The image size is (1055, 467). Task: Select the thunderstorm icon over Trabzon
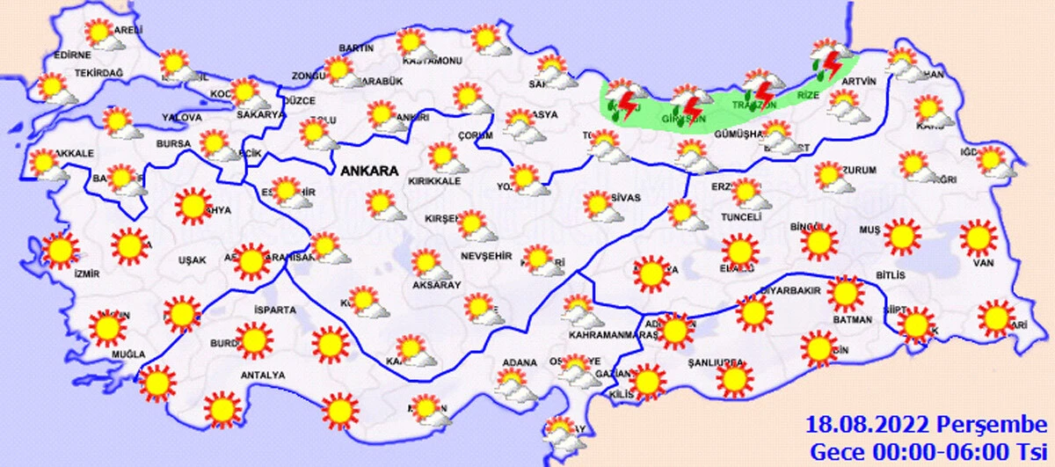[760, 90]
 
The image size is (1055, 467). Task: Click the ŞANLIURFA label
[717, 361]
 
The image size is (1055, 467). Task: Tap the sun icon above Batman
[845, 294]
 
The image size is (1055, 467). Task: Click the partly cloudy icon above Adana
[513, 384]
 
